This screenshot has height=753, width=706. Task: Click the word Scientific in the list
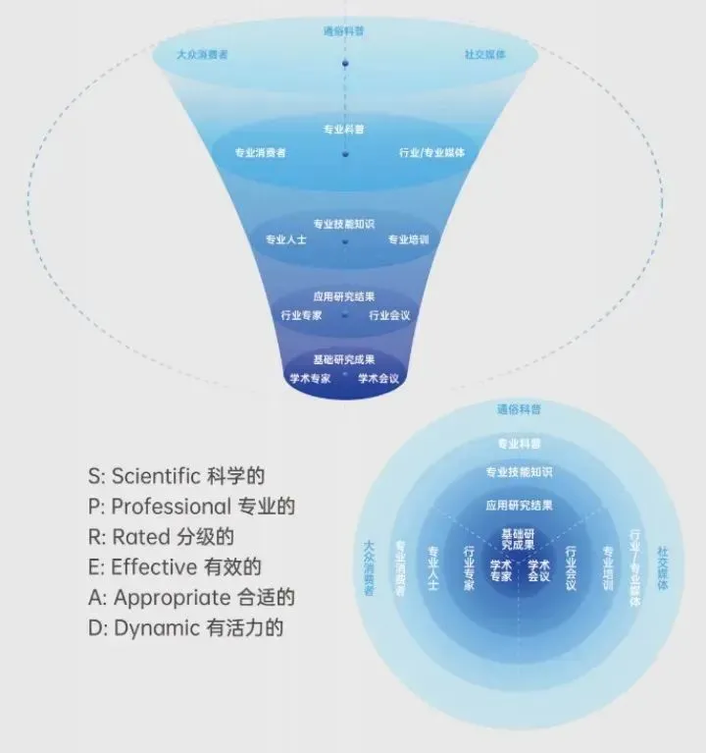[156, 476]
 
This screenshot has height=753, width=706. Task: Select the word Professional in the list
[171, 507]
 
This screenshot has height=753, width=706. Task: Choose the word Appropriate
[171, 597]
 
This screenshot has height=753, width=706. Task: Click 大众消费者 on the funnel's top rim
[202, 55]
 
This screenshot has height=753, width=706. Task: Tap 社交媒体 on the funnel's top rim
[484, 55]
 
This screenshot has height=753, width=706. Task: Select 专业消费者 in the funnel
[260, 152]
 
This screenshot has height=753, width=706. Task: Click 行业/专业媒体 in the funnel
[431, 152]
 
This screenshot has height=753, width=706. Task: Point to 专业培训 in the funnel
[408, 239]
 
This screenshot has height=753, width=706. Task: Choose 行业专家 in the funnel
[301, 315]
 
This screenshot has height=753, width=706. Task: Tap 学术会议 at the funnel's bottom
[378, 378]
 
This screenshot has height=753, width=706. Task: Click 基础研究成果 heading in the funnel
[344, 359]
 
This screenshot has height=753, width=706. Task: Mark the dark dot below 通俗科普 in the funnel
[344, 65]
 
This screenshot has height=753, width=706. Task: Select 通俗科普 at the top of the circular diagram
[519, 409]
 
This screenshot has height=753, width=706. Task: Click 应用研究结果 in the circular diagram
[519, 506]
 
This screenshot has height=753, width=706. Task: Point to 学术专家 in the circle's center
[500, 570]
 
